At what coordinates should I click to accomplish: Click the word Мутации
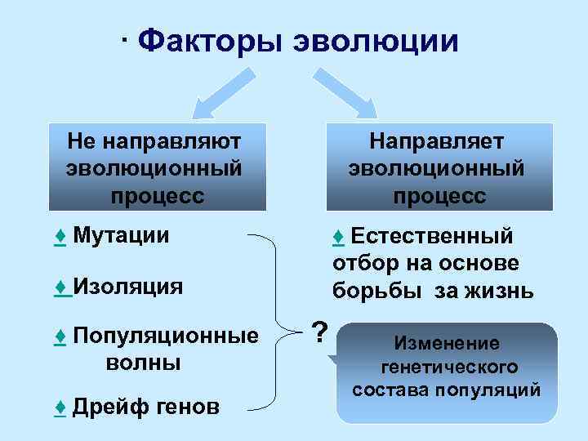(x=121, y=236)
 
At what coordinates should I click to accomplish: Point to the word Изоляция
(x=127, y=286)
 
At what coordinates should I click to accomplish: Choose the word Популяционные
(x=165, y=336)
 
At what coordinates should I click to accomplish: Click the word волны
(x=144, y=362)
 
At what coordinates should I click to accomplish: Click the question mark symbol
(x=321, y=332)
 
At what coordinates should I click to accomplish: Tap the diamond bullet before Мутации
(x=60, y=236)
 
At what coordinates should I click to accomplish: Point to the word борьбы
(x=372, y=291)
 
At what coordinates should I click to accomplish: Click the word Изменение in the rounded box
(x=446, y=344)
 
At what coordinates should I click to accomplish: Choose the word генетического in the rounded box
(x=447, y=367)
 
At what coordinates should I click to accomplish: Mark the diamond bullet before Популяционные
(x=60, y=336)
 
